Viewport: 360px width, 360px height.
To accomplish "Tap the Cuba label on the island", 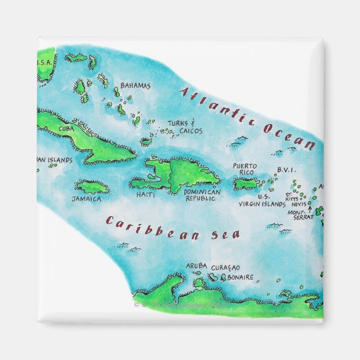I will pos(67,129).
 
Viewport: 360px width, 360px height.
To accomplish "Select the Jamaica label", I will pos(87,198).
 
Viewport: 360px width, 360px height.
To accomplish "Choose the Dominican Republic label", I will pos(203,195).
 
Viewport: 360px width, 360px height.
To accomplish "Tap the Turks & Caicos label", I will pos(184,127).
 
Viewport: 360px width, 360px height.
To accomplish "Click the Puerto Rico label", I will pos(245,169).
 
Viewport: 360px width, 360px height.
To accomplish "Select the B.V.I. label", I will pos(286,170).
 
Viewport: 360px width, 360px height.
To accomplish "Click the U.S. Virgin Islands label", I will pos(262,201).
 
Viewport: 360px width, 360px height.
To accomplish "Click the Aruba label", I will pos(196,266).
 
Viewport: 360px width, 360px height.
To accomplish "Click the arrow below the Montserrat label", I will pos(310,210).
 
